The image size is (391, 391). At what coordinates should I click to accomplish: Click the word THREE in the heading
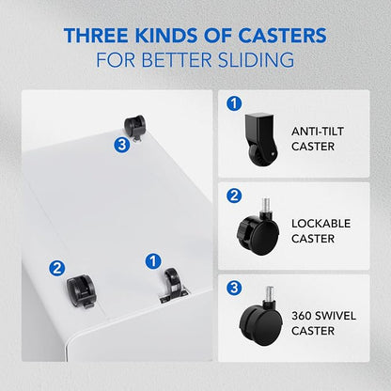96,35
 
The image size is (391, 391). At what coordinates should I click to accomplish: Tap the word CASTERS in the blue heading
283,35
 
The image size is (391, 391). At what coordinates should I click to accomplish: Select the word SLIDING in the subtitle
257,60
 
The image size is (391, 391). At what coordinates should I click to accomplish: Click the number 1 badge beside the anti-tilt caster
234,103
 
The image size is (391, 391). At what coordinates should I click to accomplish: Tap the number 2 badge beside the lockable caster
234,195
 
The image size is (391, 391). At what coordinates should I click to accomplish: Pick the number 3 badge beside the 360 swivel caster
234,288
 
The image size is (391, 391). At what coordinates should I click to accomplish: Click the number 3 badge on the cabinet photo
122,146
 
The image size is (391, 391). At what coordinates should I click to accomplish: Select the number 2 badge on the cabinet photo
57,269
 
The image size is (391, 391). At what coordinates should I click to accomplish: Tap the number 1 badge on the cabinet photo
153,261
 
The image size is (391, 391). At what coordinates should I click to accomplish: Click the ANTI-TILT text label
318,132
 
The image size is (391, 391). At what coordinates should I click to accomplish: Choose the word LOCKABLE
321,224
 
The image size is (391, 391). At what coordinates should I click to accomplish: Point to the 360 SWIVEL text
323,316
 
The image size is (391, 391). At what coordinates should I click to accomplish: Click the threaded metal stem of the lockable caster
266,206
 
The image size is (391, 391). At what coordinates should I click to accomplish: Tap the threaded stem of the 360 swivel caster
269,294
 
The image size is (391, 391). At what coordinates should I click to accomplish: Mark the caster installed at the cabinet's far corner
134,126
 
